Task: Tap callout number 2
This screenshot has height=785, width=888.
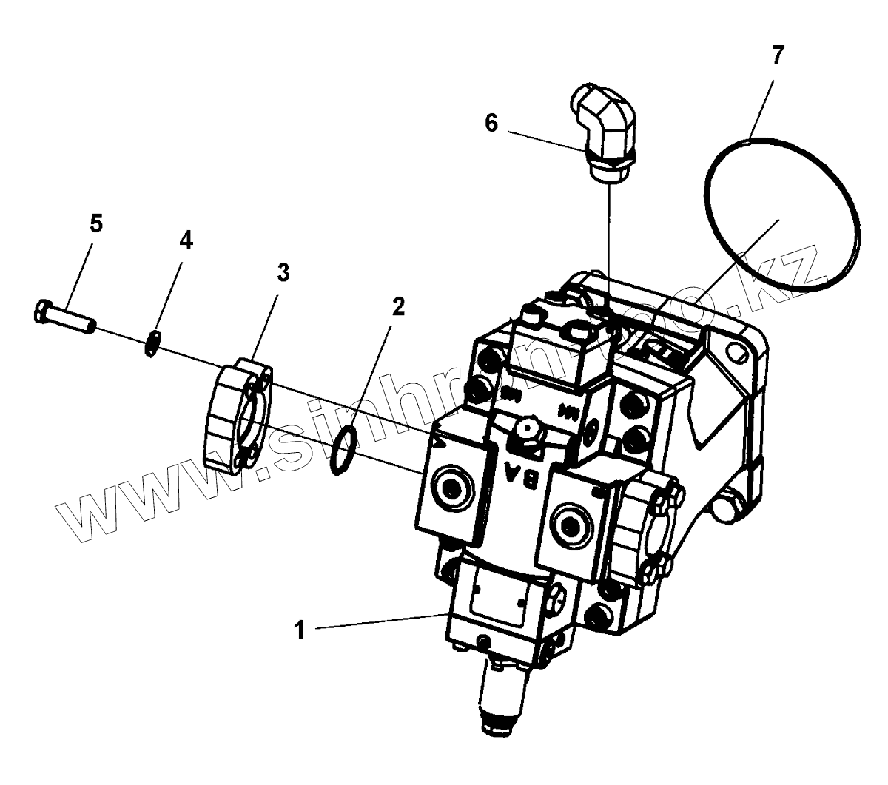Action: point(398,306)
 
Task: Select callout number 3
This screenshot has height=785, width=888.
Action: point(283,272)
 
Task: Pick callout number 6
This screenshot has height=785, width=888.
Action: point(491,123)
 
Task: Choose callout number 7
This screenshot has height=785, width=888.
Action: point(776,55)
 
